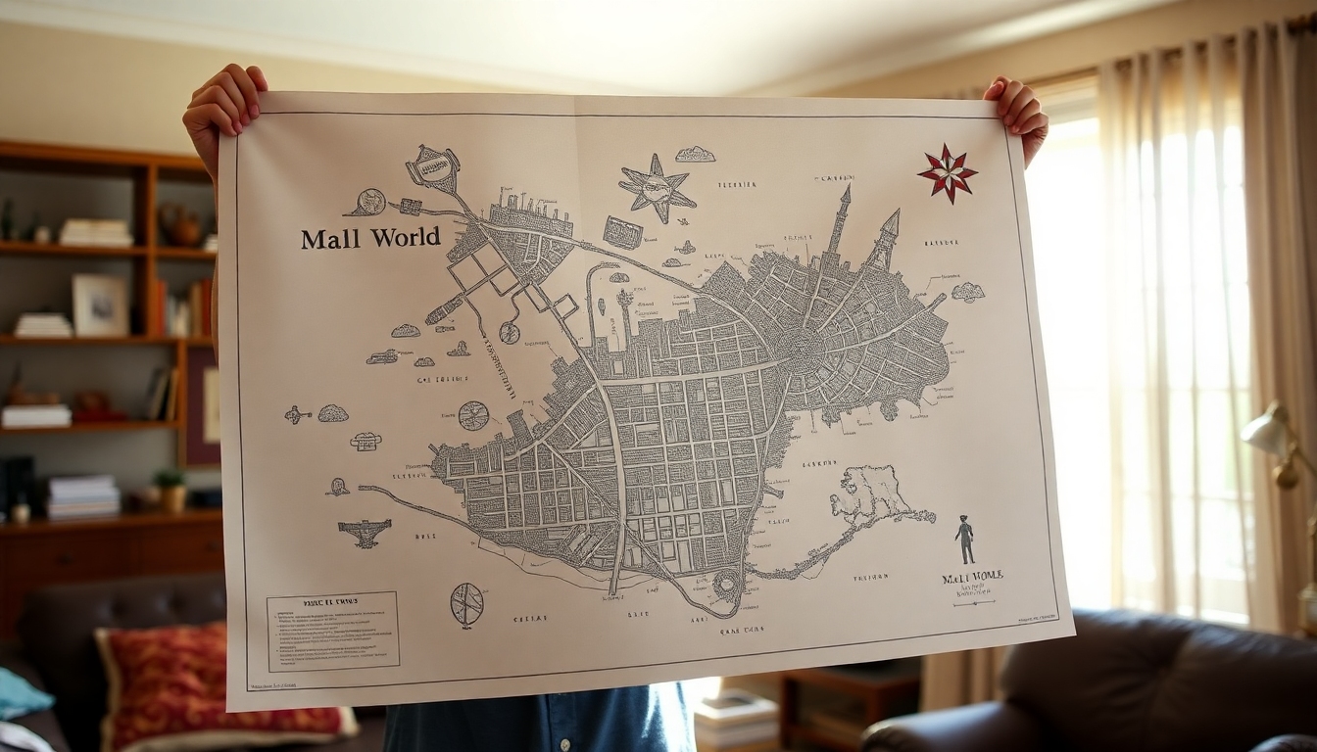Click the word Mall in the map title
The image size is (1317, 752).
point(331,239)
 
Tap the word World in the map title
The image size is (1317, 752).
point(405,238)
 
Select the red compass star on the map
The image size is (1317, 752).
point(947,173)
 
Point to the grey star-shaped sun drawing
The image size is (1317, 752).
point(656,187)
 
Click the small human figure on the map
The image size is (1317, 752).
point(965,540)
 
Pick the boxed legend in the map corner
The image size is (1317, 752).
point(333,630)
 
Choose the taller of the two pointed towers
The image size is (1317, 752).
point(840,220)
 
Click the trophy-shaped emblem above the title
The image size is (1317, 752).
point(433,169)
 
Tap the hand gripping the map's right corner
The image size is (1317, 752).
point(1018,113)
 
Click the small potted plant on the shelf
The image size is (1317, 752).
point(171,490)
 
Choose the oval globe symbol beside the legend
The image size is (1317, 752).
point(467,603)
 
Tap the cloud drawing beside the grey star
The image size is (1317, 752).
point(695,155)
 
